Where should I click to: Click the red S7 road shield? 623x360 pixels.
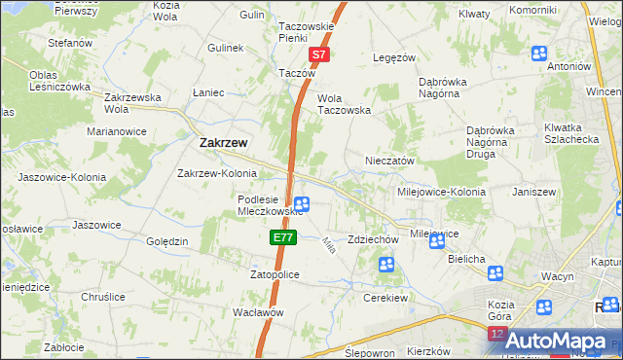pos(319,56)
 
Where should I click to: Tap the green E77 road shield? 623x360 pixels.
pos(282,236)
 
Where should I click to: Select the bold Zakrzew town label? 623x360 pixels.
pos(223,142)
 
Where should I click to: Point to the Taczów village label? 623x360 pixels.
pos(298,73)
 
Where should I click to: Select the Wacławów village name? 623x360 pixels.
pos(258,312)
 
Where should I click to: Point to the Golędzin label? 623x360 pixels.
pos(166,241)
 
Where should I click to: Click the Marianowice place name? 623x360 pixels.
pos(116,130)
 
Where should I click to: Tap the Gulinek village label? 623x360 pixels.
pos(225,47)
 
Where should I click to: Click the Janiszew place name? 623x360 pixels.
pos(533,192)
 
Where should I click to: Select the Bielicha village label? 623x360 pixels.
pos(466,260)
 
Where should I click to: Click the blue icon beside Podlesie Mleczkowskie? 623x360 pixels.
pos(303,203)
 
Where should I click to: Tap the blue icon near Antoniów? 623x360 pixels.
pos(539,53)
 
